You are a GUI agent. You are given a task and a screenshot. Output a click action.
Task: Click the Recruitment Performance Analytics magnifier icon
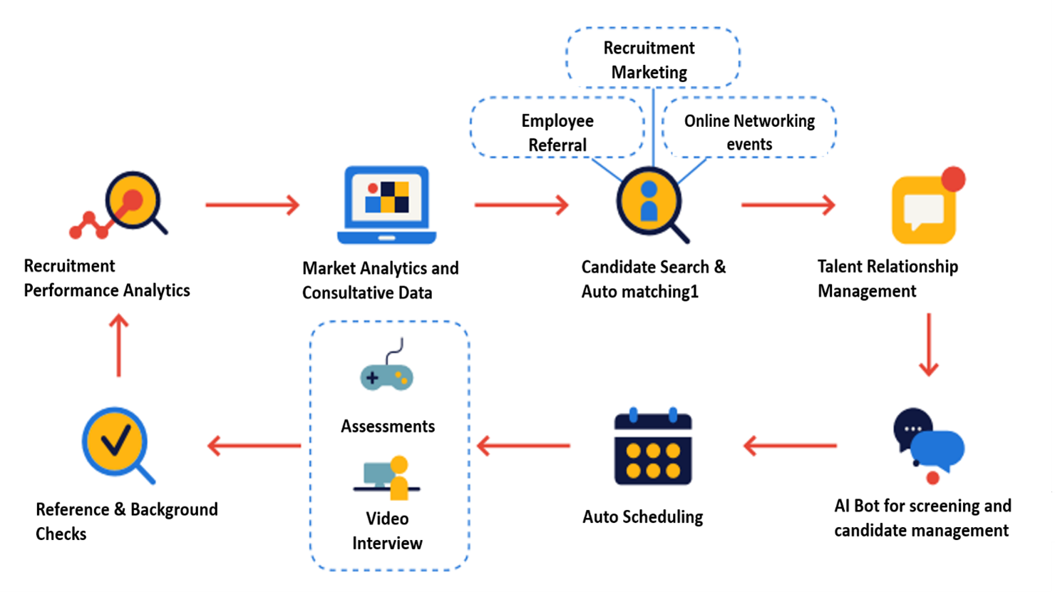[128, 203]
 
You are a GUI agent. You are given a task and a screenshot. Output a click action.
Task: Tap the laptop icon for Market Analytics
[386, 205]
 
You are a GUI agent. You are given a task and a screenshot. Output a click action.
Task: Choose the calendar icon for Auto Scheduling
[653, 448]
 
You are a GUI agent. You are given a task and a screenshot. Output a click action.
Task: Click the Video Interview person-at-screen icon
[387, 478]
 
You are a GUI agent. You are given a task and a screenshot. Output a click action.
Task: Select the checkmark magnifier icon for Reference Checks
[116, 444]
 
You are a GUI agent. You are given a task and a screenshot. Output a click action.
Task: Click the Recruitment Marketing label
[649, 60]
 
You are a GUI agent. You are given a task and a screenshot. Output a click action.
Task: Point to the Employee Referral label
[557, 133]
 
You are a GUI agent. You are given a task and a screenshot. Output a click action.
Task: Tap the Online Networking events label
[749, 132]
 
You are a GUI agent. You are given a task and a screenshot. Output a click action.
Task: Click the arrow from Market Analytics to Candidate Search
[522, 205]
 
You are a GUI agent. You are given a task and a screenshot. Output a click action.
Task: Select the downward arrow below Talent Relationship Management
[928, 345]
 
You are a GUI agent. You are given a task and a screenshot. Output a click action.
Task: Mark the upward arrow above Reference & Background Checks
[118, 346]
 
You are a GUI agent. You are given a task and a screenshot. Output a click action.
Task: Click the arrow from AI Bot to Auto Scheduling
[790, 446]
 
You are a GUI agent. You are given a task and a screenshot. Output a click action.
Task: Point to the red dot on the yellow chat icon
[952, 179]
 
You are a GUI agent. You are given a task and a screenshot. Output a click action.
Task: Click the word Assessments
[388, 427]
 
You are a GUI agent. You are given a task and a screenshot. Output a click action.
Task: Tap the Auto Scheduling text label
[642, 517]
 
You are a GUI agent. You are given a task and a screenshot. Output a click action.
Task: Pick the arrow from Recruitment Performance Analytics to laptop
[252, 205]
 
